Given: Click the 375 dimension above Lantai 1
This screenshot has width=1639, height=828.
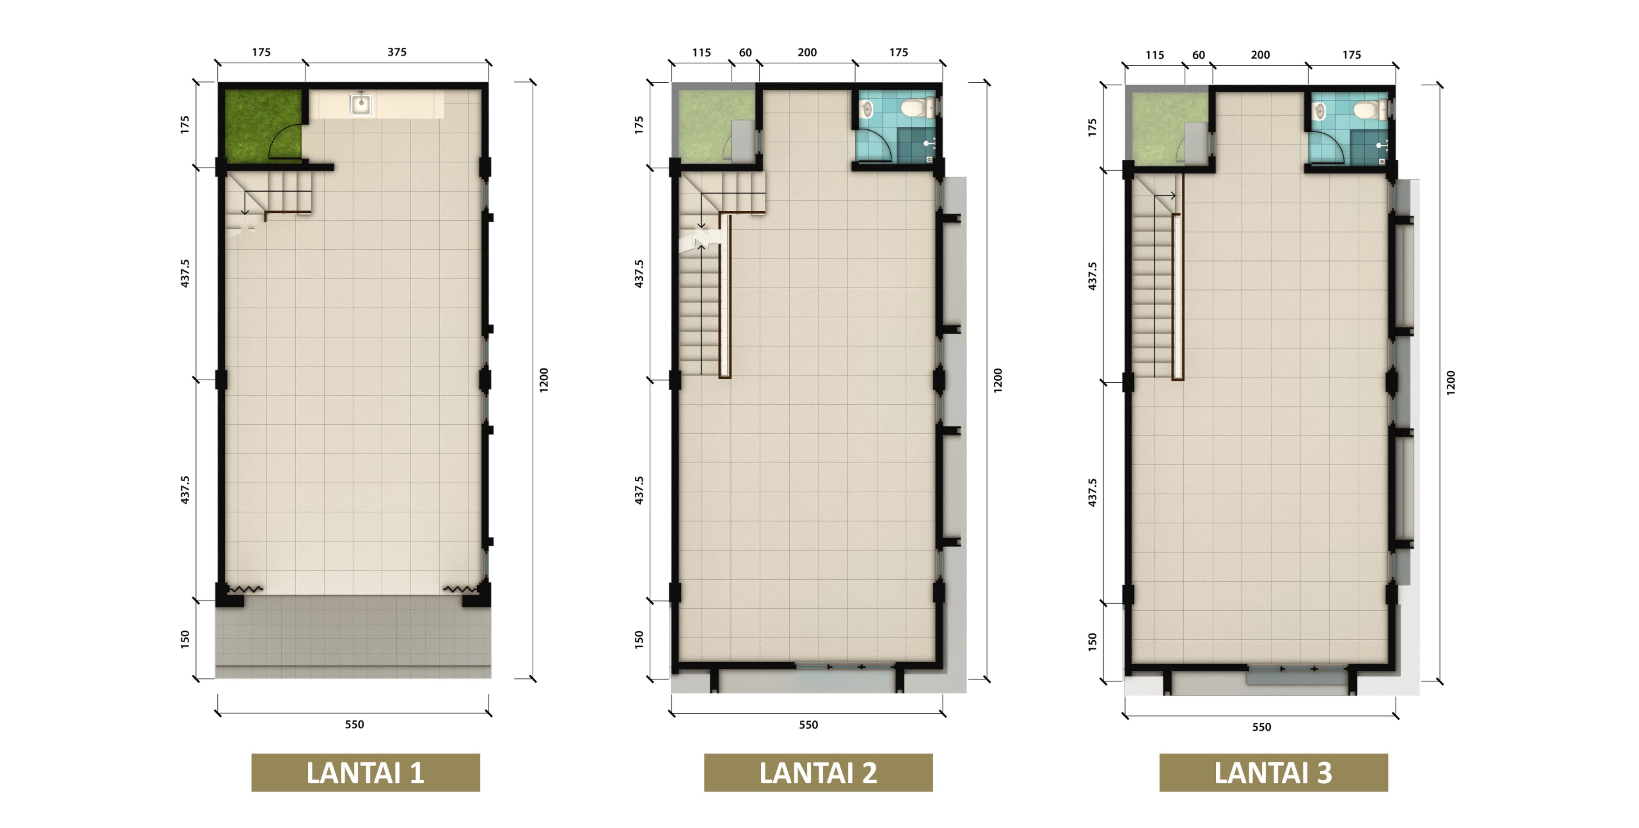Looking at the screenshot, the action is pos(397,52).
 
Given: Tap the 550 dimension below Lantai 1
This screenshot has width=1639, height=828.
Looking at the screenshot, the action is pos(354,724).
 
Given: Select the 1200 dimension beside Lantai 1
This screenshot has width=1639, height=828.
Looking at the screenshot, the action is pos(544,380).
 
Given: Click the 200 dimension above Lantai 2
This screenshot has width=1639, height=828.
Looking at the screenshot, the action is pos(807,52).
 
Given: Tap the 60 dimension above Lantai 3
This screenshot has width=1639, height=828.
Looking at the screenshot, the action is pos(1199,55).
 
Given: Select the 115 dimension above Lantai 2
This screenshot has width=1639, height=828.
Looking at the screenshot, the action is pos(701,52).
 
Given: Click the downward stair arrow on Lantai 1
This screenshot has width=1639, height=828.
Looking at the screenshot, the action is pos(244,203).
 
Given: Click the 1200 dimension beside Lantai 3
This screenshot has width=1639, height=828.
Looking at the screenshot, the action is pos(1451,383).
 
